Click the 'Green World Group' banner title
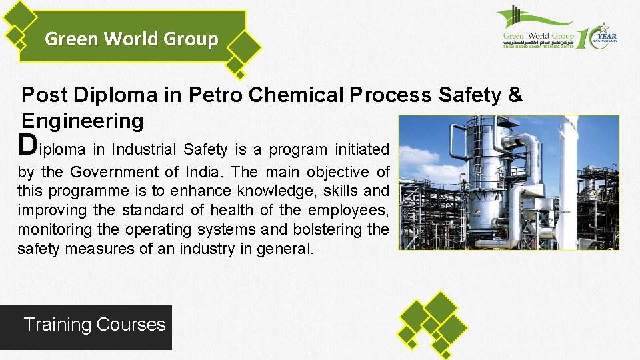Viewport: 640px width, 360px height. [131, 39]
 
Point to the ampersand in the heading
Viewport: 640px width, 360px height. [514, 95]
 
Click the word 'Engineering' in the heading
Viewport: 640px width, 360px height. [83, 121]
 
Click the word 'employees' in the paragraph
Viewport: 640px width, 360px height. [347, 211]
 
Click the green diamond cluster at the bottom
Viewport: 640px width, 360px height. [433, 322]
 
